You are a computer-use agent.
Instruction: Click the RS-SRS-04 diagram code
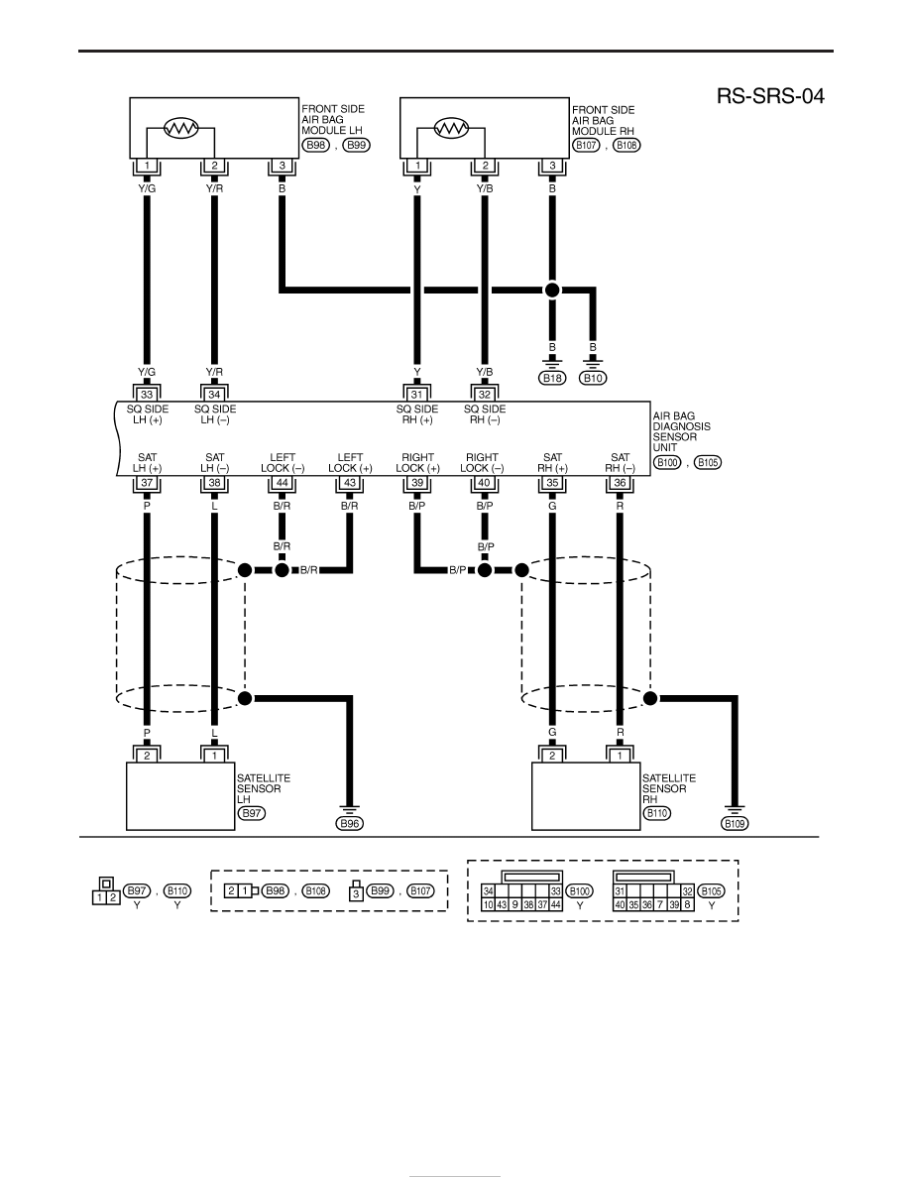(x=769, y=96)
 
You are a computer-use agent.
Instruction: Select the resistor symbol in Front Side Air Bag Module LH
(x=181, y=129)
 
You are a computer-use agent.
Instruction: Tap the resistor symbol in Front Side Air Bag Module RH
(x=451, y=129)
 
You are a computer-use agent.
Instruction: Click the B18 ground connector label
(x=552, y=378)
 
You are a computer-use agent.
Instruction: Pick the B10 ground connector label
(x=593, y=378)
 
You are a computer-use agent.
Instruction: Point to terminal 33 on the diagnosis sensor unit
(x=147, y=395)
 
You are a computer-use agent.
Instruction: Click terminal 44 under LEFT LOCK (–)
(x=283, y=483)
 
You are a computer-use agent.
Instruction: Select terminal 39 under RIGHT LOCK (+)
(x=417, y=483)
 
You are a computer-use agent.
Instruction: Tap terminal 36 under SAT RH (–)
(x=621, y=483)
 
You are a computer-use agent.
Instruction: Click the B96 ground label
(x=350, y=823)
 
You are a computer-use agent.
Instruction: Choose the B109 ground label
(x=735, y=823)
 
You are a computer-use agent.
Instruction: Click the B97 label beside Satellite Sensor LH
(x=252, y=813)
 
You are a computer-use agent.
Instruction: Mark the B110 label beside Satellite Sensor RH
(x=657, y=813)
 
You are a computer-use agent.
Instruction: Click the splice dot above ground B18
(x=552, y=290)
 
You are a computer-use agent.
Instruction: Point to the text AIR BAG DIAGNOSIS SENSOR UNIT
(x=681, y=431)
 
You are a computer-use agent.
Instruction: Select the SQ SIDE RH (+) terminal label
(x=417, y=413)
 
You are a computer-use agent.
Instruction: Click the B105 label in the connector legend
(x=711, y=891)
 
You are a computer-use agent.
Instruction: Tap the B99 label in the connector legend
(x=381, y=890)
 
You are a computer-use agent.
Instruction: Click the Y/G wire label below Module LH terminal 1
(x=147, y=188)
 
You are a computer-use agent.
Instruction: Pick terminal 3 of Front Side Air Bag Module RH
(x=552, y=166)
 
